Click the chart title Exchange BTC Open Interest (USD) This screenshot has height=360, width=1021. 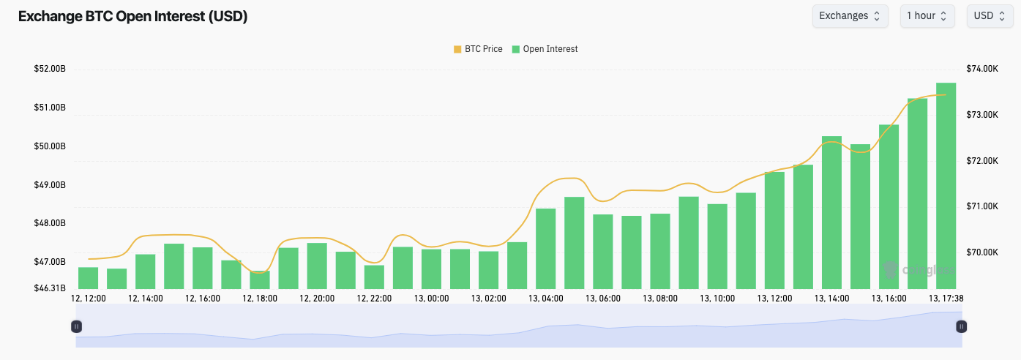(x=132, y=17)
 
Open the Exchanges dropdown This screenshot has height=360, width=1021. (x=850, y=15)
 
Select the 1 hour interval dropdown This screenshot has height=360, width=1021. (x=927, y=15)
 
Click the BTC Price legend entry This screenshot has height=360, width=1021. (x=478, y=49)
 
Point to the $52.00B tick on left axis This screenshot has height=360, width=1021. (x=50, y=69)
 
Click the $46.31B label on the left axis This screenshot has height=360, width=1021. (x=50, y=288)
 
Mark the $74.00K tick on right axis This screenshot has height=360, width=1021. (x=982, y=69)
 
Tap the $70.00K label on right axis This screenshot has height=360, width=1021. (x=982, y=252)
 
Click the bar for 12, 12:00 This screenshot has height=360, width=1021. (x=88, y=278)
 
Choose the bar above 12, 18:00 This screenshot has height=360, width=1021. (x=260, y=280)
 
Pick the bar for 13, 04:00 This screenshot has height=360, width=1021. (x=546, y=249)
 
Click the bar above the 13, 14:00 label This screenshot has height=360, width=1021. (x=831, y=212)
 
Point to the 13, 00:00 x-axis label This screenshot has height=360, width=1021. (x=432, y=299)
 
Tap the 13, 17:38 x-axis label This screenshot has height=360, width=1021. (x=946, y=299)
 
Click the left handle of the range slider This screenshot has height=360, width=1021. (x=76, y=326)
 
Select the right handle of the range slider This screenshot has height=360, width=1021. (x=962, y=326)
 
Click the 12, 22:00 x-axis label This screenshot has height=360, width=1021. (x=375, y=299)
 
